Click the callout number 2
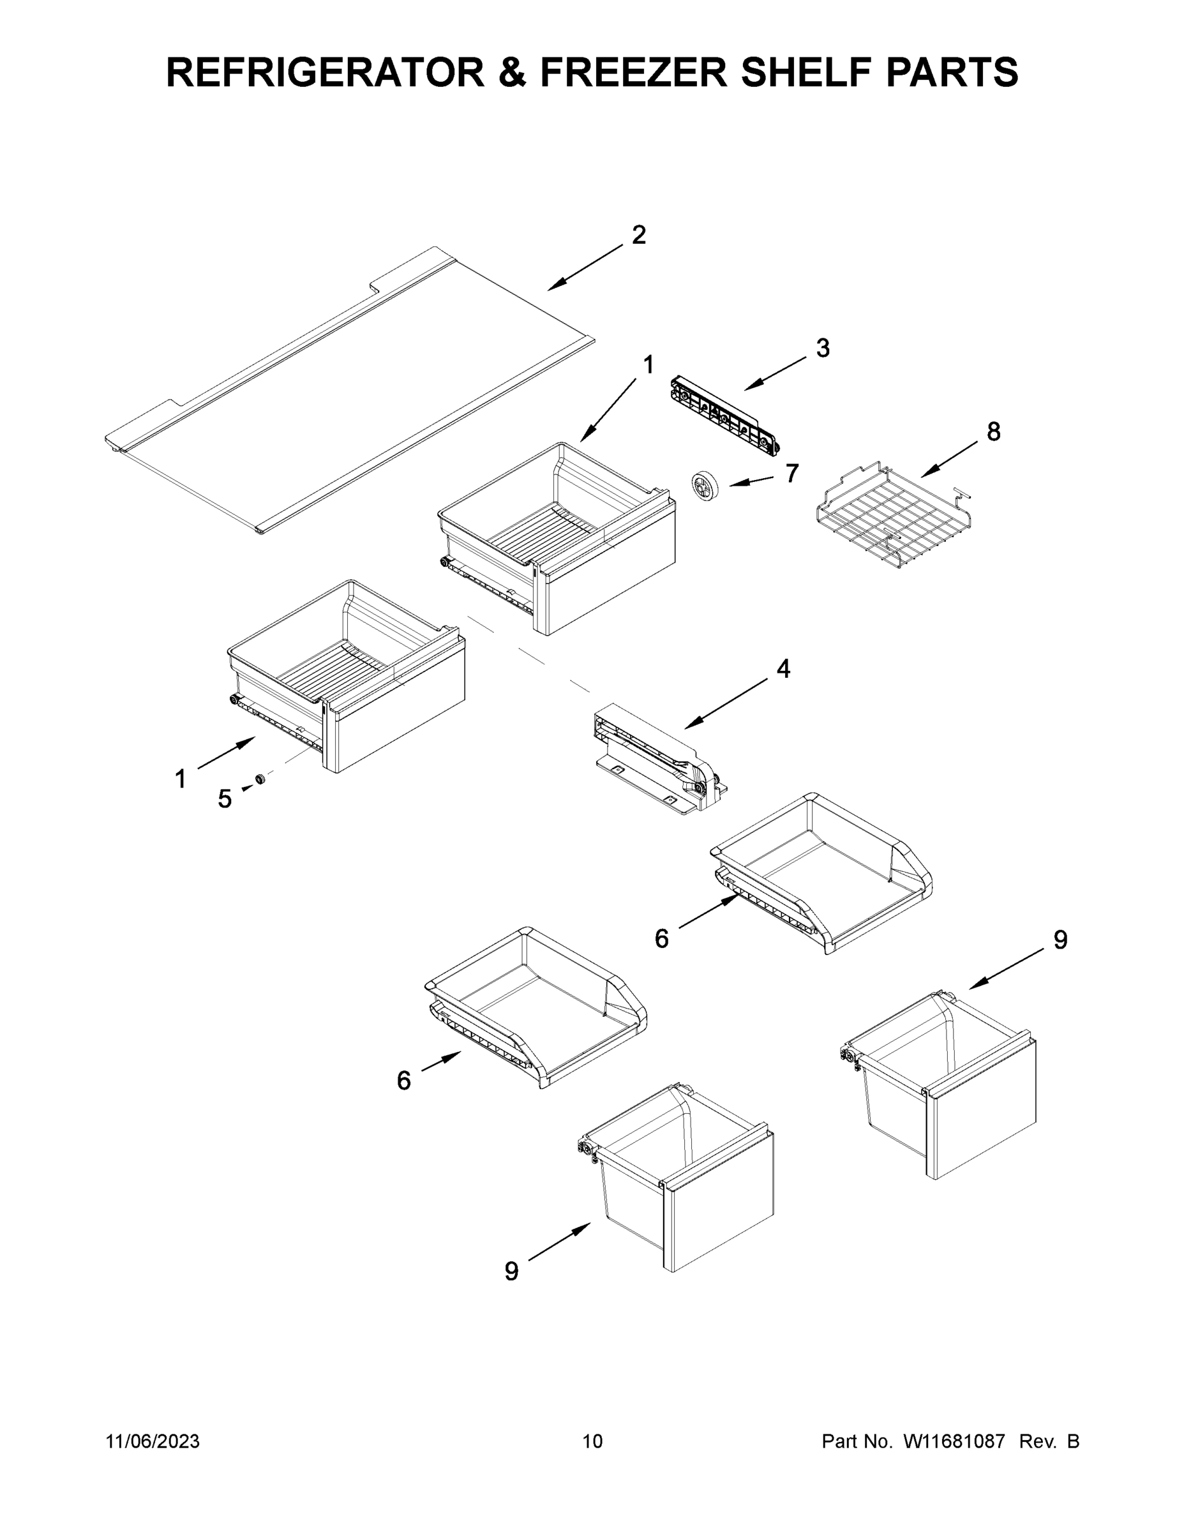(x=638, y=235)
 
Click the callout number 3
(x=823, y=348)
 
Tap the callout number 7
(x=792, y=474)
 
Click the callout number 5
(x=225, y=799)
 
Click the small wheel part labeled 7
(x=701, y=486)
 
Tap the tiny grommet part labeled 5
(x=260, y=779)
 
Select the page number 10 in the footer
(x=592, y=1441)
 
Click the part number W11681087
(x=954, y=1441)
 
